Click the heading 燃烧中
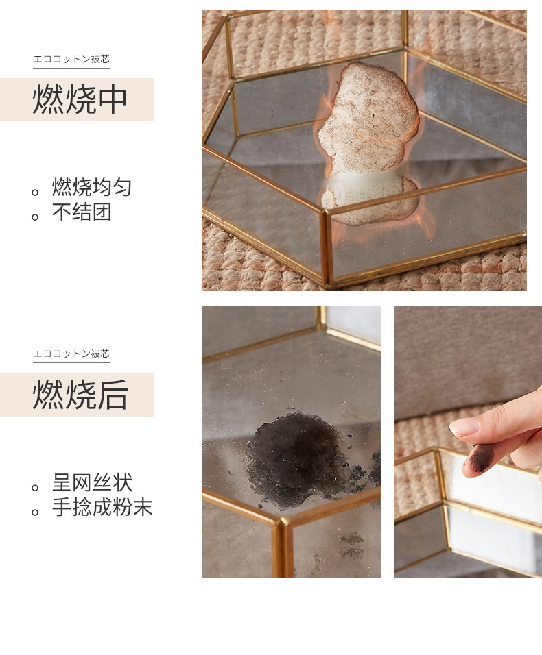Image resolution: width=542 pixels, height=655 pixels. [x=80, y=100]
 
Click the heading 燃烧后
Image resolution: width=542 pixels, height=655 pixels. [x=80, y=395]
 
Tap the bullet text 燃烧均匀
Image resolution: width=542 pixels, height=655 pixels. [x=91, y=187]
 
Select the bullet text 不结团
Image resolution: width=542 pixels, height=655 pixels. [x=81, y=212]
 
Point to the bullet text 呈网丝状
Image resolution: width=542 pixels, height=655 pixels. [x=92, y=482]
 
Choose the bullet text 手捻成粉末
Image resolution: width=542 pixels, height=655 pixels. [x=102, y=508]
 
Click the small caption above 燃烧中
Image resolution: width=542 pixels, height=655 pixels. [x=71, y=60]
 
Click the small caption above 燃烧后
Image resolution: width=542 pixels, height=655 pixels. [x=71, y=354]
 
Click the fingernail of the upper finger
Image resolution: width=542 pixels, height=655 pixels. [x=464, y=426]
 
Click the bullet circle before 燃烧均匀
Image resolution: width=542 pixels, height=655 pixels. [x=35, y=193]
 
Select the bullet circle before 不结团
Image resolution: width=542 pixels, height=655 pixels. [x=35, y=217]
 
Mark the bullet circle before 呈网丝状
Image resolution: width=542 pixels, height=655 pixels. [x=35, y=488]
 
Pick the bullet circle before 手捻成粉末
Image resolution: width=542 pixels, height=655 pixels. [x=35, y=512]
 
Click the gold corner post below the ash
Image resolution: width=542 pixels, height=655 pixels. [x=280, y=548]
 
